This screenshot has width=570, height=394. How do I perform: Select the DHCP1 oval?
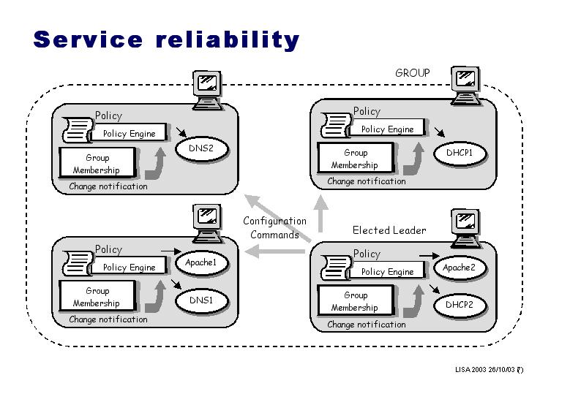point(460,154)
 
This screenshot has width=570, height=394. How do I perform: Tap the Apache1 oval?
point(201,262)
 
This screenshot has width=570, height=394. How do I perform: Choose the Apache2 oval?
point(459,268)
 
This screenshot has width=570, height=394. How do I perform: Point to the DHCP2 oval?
point(460,305)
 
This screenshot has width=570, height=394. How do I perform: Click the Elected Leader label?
point(389,230)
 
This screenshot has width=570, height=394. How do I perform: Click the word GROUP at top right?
point(413,73)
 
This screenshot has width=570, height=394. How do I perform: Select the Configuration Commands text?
point(274,228)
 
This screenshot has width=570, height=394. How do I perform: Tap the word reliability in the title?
point(228,39)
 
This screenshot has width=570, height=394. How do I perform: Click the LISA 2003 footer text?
point(489,370)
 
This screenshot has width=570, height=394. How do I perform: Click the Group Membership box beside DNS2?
point(97,164)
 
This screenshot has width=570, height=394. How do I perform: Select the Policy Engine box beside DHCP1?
point(387,129)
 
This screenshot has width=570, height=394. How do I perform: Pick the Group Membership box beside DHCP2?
point(355,301)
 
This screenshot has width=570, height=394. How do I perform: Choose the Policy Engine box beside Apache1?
point(129,268)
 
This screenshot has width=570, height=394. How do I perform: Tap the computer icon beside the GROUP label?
point(465,85)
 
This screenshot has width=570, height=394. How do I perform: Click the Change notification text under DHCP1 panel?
point(366,181)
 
